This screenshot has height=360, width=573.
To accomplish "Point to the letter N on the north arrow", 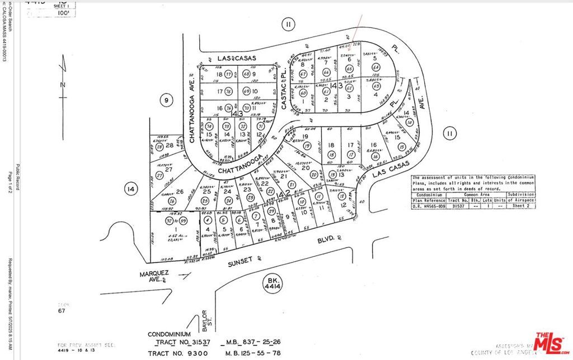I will click(63, 84).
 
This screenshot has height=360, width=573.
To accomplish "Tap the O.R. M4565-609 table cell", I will click(428, 205).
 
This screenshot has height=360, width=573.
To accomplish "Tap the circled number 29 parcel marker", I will click(271, 211).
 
